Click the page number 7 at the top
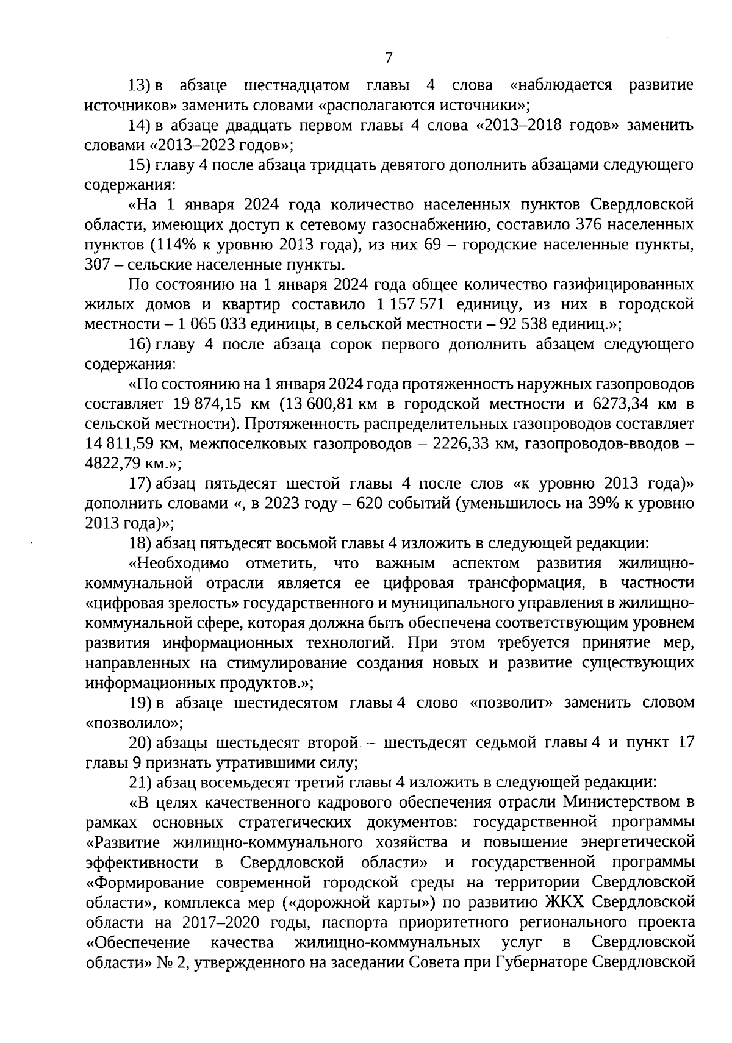click(389, 59)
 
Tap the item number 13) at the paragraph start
click(140, 85)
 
